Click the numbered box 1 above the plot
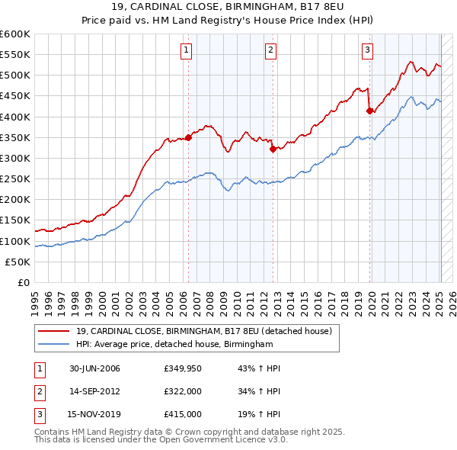187,51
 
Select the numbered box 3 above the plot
367,51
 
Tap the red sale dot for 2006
188,138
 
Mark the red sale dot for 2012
273,149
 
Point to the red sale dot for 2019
370,111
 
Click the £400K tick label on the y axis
15,117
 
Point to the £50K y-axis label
18,262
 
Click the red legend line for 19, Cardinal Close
53,332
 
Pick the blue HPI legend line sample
53,345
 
